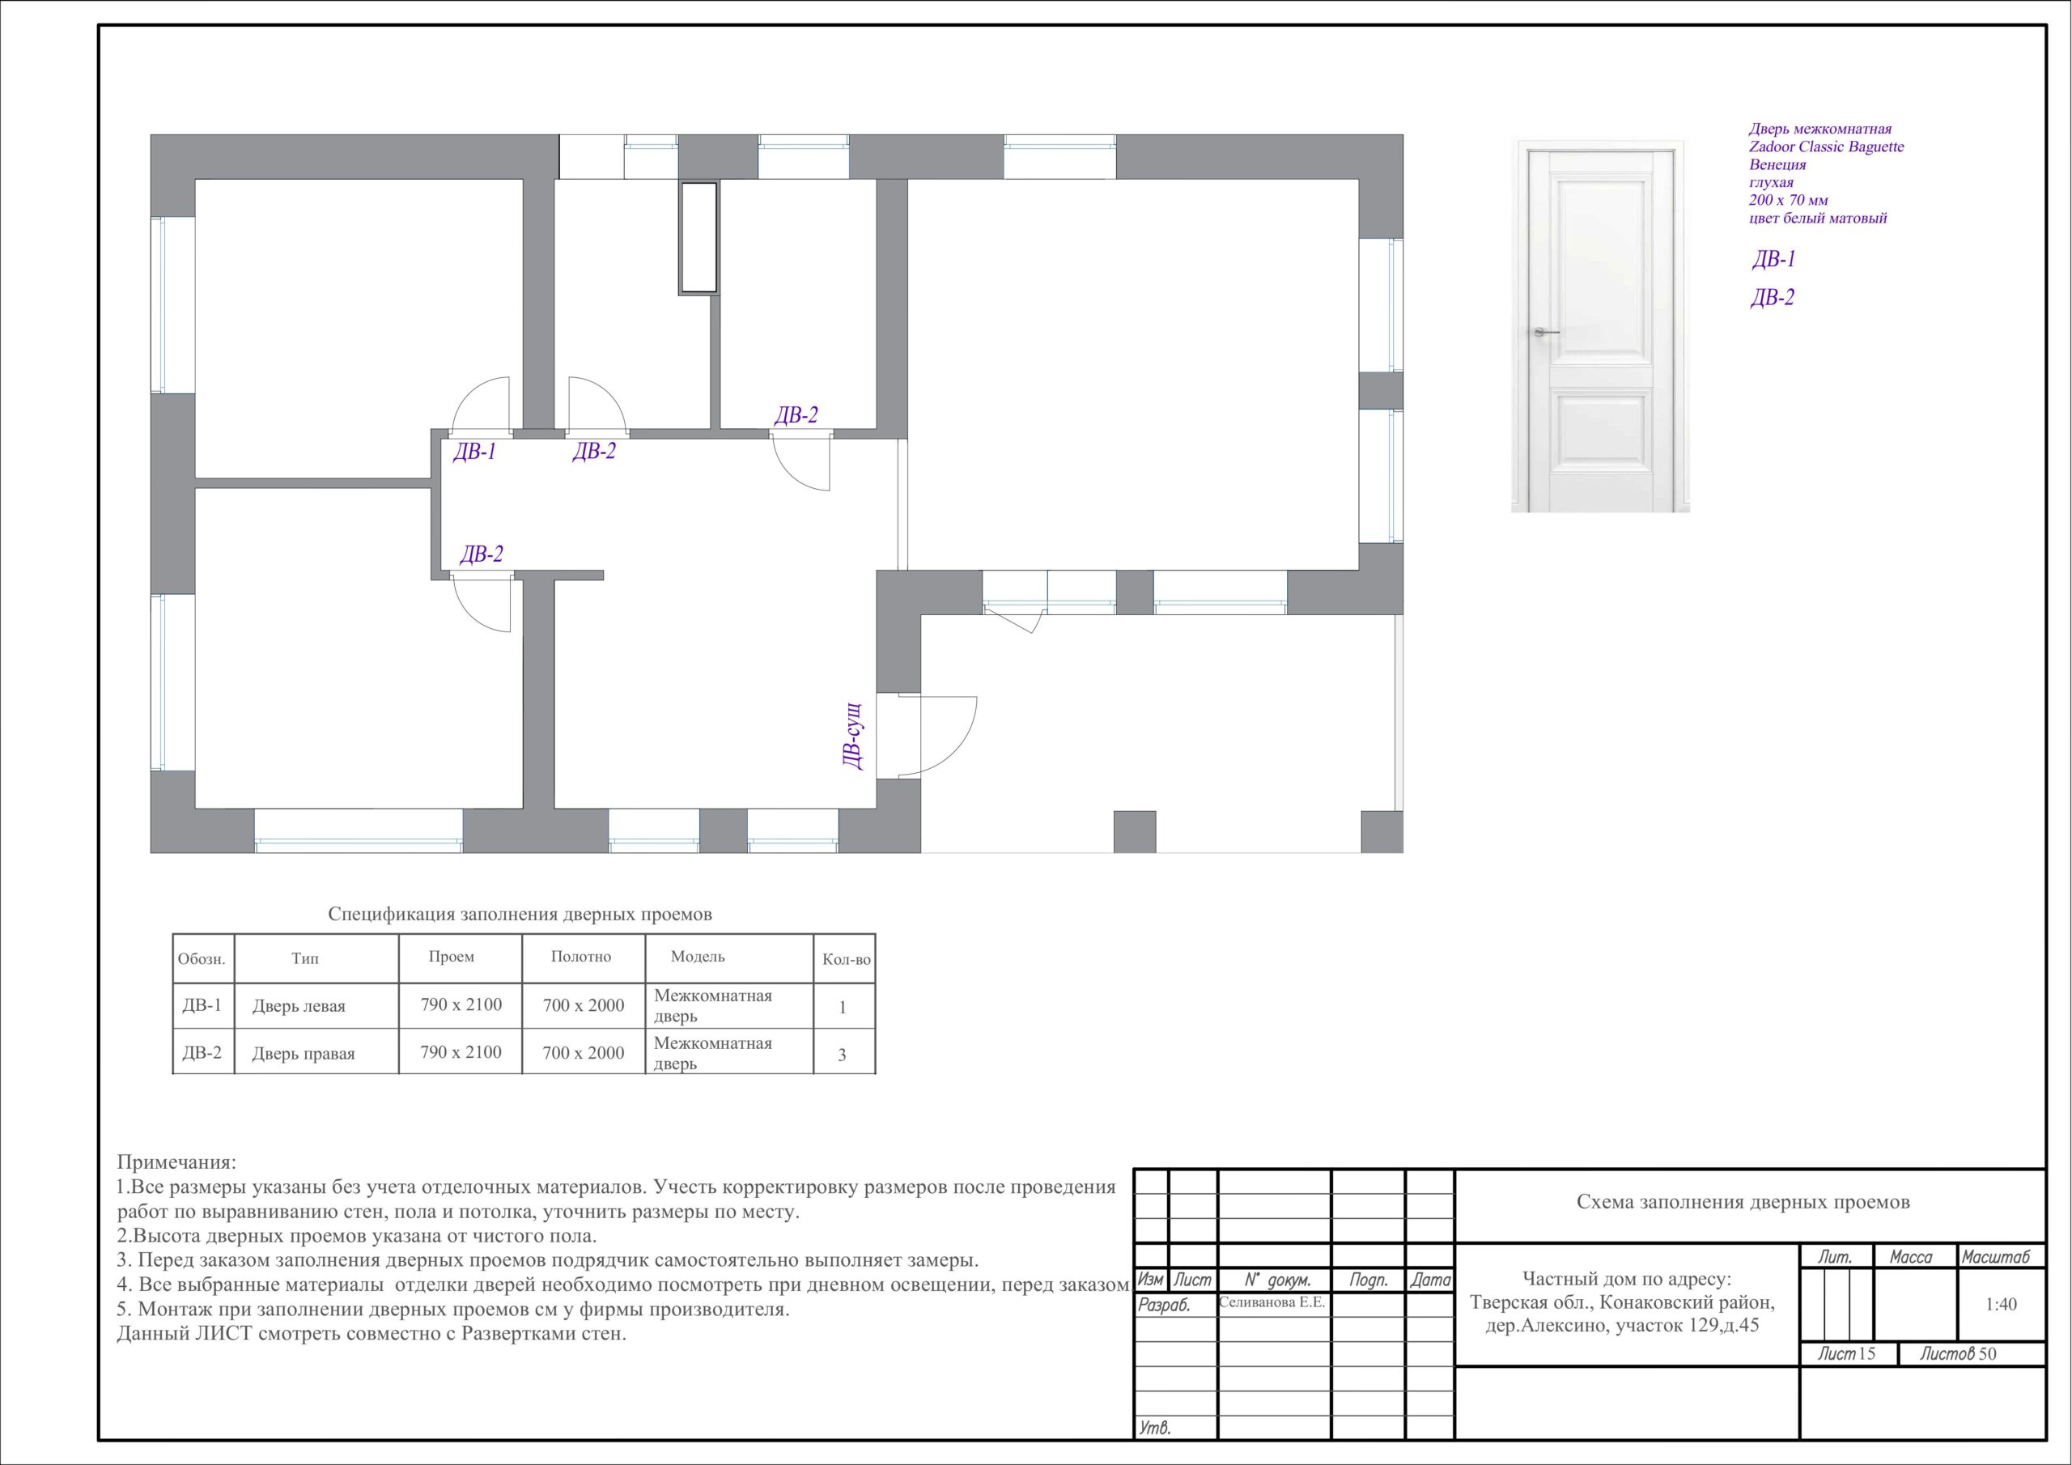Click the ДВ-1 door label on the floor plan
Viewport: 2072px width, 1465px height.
point(474,452)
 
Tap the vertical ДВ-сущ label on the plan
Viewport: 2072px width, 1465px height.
point(853,736)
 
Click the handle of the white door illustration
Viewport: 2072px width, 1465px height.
point(1546,332)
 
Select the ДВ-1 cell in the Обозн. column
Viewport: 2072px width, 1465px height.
point(202,1004)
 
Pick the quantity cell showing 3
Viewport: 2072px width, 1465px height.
point(842,1055)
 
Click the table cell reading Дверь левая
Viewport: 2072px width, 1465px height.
point(299,1006)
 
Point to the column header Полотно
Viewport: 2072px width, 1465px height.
point(581,957)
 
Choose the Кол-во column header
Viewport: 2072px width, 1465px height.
point(847,959)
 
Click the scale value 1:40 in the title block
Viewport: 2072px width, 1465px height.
point(2001,1304)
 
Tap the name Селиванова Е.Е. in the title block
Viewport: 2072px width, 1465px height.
point(1272,1302)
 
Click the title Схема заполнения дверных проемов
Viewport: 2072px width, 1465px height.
point(1743,1202)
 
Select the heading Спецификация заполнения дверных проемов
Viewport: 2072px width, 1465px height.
point(520,915)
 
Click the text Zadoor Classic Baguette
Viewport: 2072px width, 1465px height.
point(1827,146)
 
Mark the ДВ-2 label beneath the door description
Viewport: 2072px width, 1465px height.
point(1773,298)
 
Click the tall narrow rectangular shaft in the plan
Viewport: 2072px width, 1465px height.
point(698,238)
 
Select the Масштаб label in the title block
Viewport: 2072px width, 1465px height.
point(1995,1256)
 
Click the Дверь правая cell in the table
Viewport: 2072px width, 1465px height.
point(304,1053)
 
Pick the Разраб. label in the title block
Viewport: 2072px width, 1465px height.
point(1164,1306)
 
